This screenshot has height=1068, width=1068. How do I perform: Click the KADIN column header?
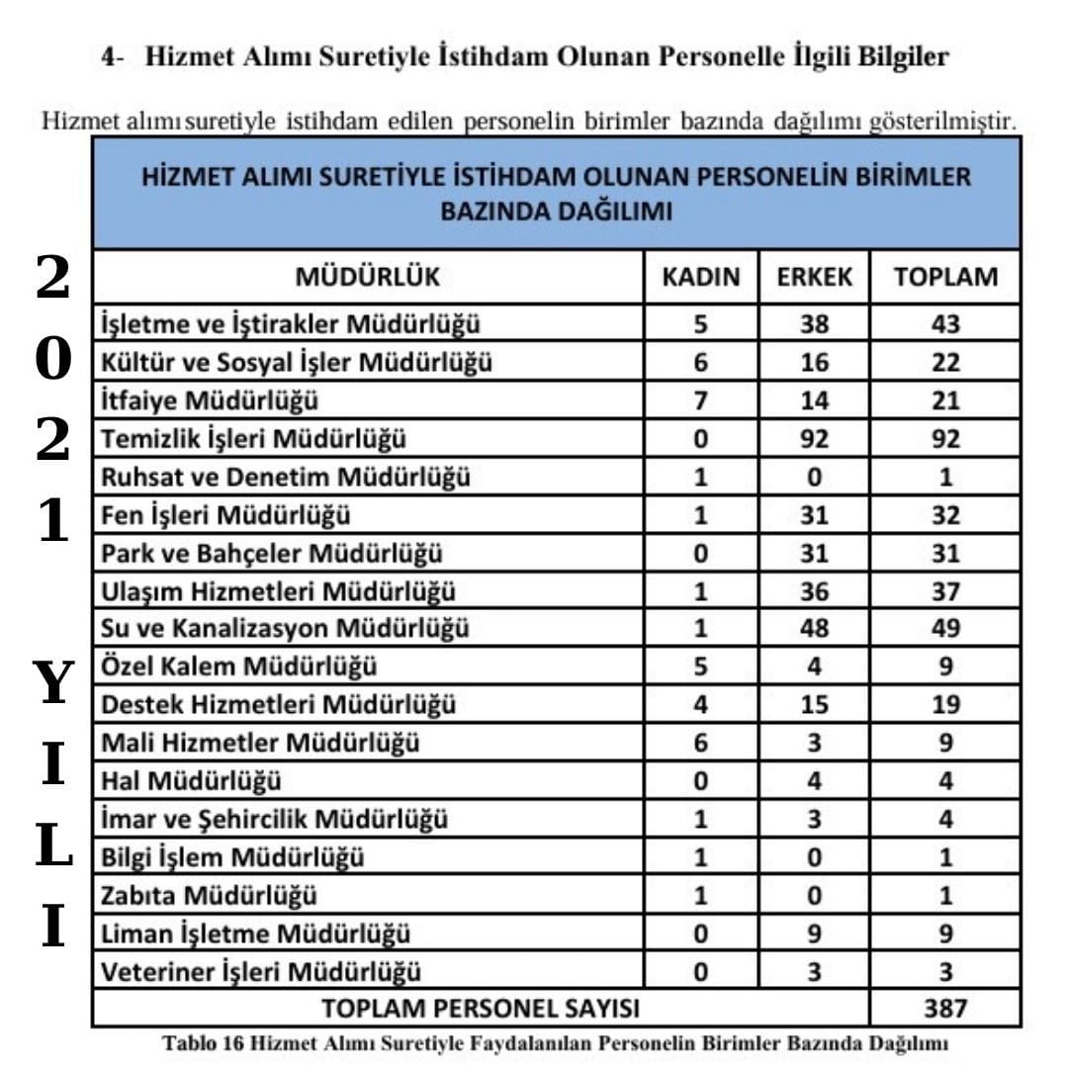700,277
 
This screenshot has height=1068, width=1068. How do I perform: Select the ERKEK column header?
814,277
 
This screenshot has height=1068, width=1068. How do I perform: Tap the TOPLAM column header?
945,277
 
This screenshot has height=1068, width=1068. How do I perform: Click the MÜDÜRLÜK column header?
368,277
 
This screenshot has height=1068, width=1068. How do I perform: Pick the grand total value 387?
945,1009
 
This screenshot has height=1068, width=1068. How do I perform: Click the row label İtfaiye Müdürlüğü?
210,400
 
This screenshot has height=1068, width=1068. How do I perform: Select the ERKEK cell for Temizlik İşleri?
814,439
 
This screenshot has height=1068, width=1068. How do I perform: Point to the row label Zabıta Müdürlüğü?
210,896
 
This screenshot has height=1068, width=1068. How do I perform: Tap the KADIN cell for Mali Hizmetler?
700,743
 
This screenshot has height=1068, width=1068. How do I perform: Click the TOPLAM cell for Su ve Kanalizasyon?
945,628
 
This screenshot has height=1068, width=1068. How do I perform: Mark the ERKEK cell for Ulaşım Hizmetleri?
814,591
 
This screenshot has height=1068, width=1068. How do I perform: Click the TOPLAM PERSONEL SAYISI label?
481,1009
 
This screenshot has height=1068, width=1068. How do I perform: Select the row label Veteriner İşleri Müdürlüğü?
261,972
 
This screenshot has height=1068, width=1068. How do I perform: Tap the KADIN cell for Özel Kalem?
700,667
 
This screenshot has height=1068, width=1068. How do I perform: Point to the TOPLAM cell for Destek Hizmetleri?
945,705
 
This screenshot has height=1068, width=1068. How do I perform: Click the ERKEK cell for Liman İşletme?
814,934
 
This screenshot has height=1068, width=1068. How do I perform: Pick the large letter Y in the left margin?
54,682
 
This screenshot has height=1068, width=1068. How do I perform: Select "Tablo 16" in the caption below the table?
204,1043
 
